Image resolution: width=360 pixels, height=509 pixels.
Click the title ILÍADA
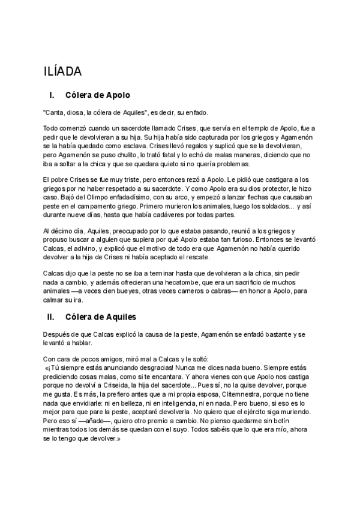(x=63, y=71)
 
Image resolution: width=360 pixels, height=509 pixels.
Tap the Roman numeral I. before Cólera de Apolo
(x=52, y=95)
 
